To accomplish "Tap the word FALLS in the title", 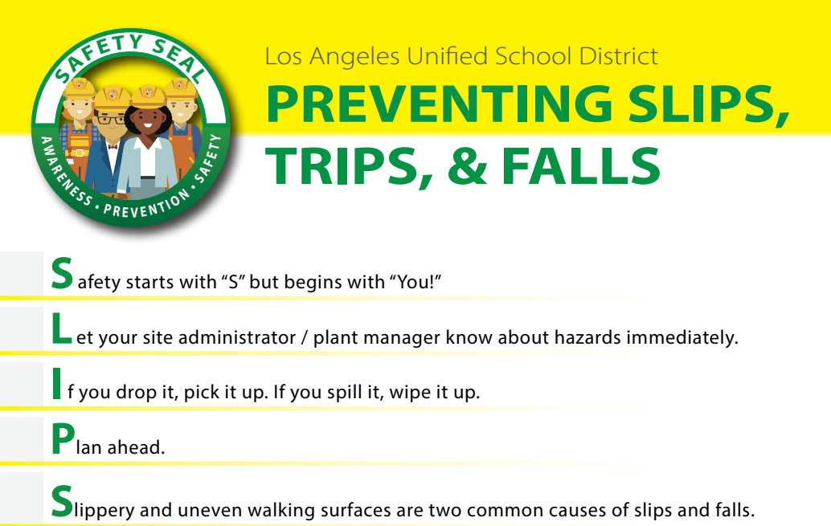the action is point(581,166).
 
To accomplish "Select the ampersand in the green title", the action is point(467,166).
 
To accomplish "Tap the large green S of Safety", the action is point(62,273).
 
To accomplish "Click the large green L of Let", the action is point(61,328).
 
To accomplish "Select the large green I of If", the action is point(57,384).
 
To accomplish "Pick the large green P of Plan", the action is point(63,438).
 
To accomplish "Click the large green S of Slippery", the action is point(62,501).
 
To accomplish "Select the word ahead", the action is point(136,447).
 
